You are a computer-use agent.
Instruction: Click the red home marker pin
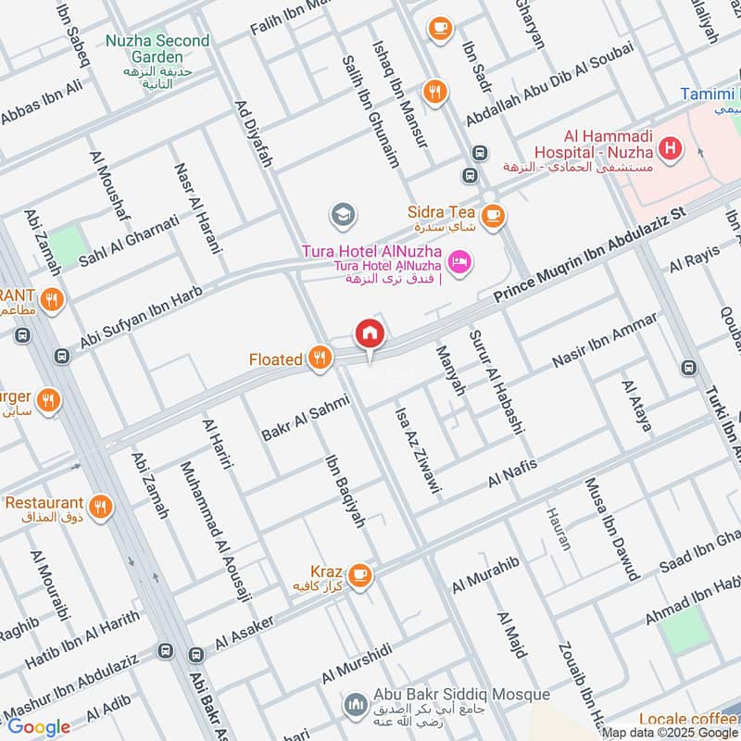point(370,333)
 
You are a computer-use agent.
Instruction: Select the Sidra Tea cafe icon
point(493,214)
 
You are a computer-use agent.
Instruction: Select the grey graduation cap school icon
point(341,215)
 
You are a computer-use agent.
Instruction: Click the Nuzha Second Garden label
point(157,42)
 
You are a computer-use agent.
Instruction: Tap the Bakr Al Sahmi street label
point(305,419)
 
